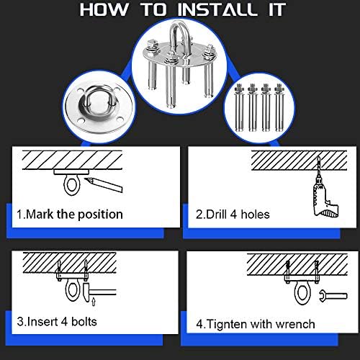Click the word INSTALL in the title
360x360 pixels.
pyautogui.click(x=217, y=9)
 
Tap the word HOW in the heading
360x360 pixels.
pyautogui.click(x=104, y=9)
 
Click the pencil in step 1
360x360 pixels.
pyautogui.click(x=104, y=184)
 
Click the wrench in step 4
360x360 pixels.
pyautogui.click(x=333, y=296)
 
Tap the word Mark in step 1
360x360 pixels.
pyautogui.click(x=40, y=214)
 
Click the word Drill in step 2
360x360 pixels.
pyautogui.click(x=216, y=214)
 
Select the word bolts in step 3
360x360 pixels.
pyautogui.click(x=84, y=322)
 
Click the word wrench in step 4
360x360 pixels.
pyautogui.click(x=295, y=325)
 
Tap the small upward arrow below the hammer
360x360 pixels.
pyautogui.click(x=94, y=302)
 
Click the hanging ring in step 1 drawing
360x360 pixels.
pyautogui.click(x=71, y=185)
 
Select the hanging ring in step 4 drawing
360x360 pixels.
pyautogui.click(x=301, y=294)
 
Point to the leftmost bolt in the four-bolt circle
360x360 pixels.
pyautogui.click(x=239, y=107)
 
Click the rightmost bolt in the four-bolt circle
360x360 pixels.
pyautogui.click(x=279, y=107)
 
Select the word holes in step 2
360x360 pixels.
pyautogui.click(x=255, y=214)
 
